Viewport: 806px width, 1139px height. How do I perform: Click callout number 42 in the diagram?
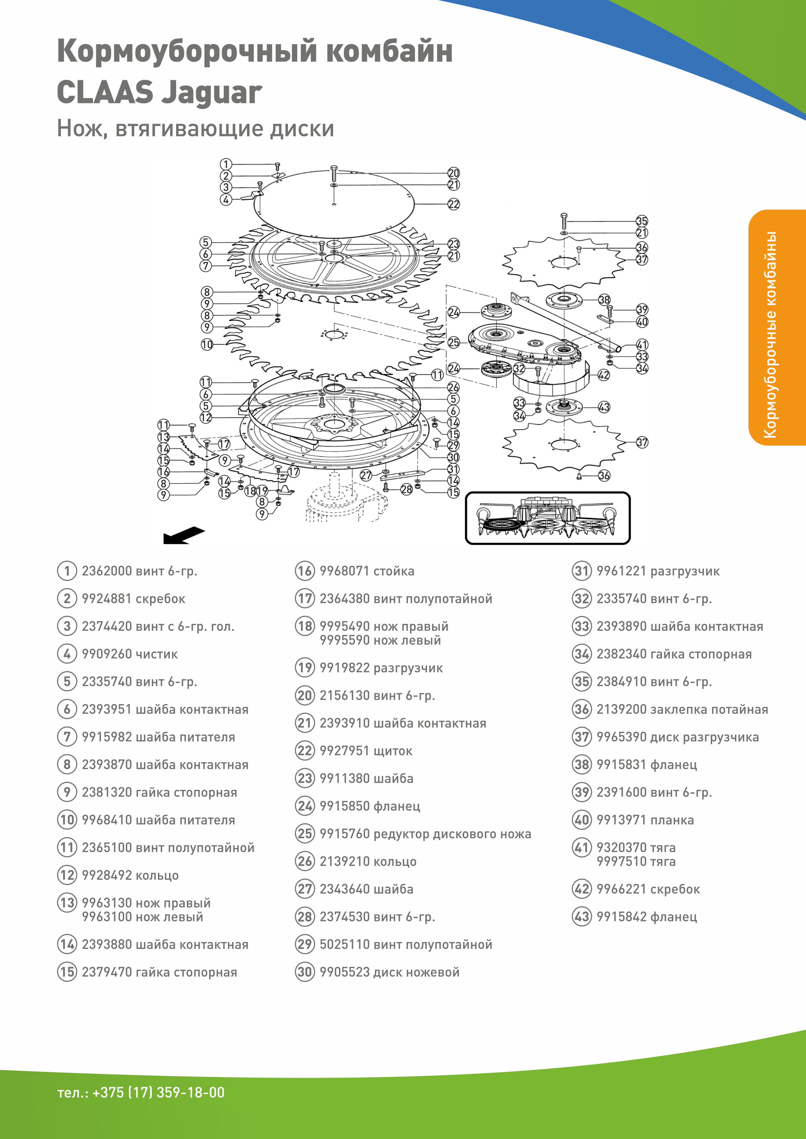click(604, 375)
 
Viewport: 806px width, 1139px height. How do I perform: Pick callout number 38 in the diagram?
click(604, 300)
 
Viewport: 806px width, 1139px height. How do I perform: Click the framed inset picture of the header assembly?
click(547, 518)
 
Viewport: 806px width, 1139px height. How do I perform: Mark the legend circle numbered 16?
click(305, 571)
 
